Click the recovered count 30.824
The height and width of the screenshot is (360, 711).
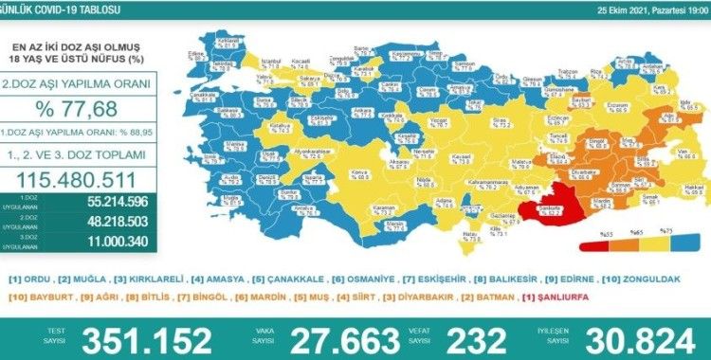(642, 336)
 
